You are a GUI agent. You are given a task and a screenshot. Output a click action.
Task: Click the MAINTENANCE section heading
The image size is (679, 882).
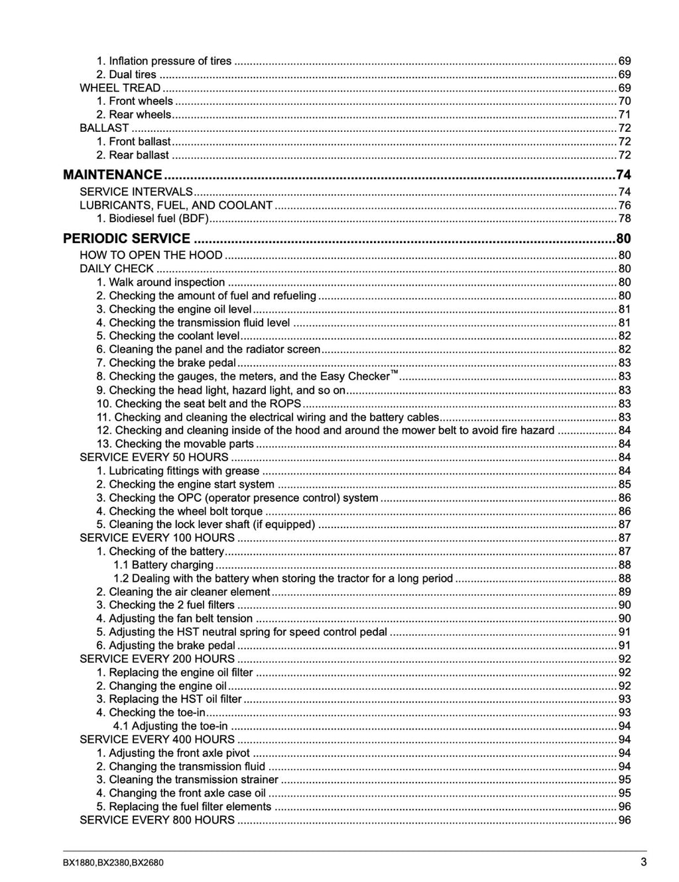[112, 175]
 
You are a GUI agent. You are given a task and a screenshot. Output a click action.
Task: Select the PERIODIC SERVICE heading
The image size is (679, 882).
[127, 239]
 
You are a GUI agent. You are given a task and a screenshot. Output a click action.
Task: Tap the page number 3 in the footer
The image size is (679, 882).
[643, 862]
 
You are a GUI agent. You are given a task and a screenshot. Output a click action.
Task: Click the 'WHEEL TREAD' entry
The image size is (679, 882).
[120, 87]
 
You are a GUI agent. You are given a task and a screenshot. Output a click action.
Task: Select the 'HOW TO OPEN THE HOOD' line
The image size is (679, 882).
[151, 255]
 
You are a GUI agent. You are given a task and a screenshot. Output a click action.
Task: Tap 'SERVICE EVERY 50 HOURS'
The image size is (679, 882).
[154, 457]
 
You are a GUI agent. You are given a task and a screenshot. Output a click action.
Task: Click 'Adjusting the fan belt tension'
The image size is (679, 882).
[180, 618]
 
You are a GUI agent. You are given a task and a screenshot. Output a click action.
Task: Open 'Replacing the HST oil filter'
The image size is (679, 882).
[175, 699]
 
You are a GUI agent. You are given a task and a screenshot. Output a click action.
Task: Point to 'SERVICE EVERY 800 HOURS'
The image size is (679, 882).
[157, 820]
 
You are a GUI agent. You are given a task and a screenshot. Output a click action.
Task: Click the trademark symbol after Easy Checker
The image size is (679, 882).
[394, 373]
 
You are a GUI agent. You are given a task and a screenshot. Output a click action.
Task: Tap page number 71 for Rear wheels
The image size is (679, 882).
[625, 115]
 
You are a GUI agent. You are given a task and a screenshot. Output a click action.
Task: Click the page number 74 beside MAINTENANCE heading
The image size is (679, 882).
[623, 175]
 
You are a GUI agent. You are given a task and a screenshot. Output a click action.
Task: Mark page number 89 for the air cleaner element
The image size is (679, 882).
[625, 592]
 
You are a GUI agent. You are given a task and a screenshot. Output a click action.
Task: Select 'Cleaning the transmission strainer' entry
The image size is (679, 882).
[193, 779]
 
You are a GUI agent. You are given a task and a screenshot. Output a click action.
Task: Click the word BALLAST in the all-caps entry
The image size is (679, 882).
[104, 128]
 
